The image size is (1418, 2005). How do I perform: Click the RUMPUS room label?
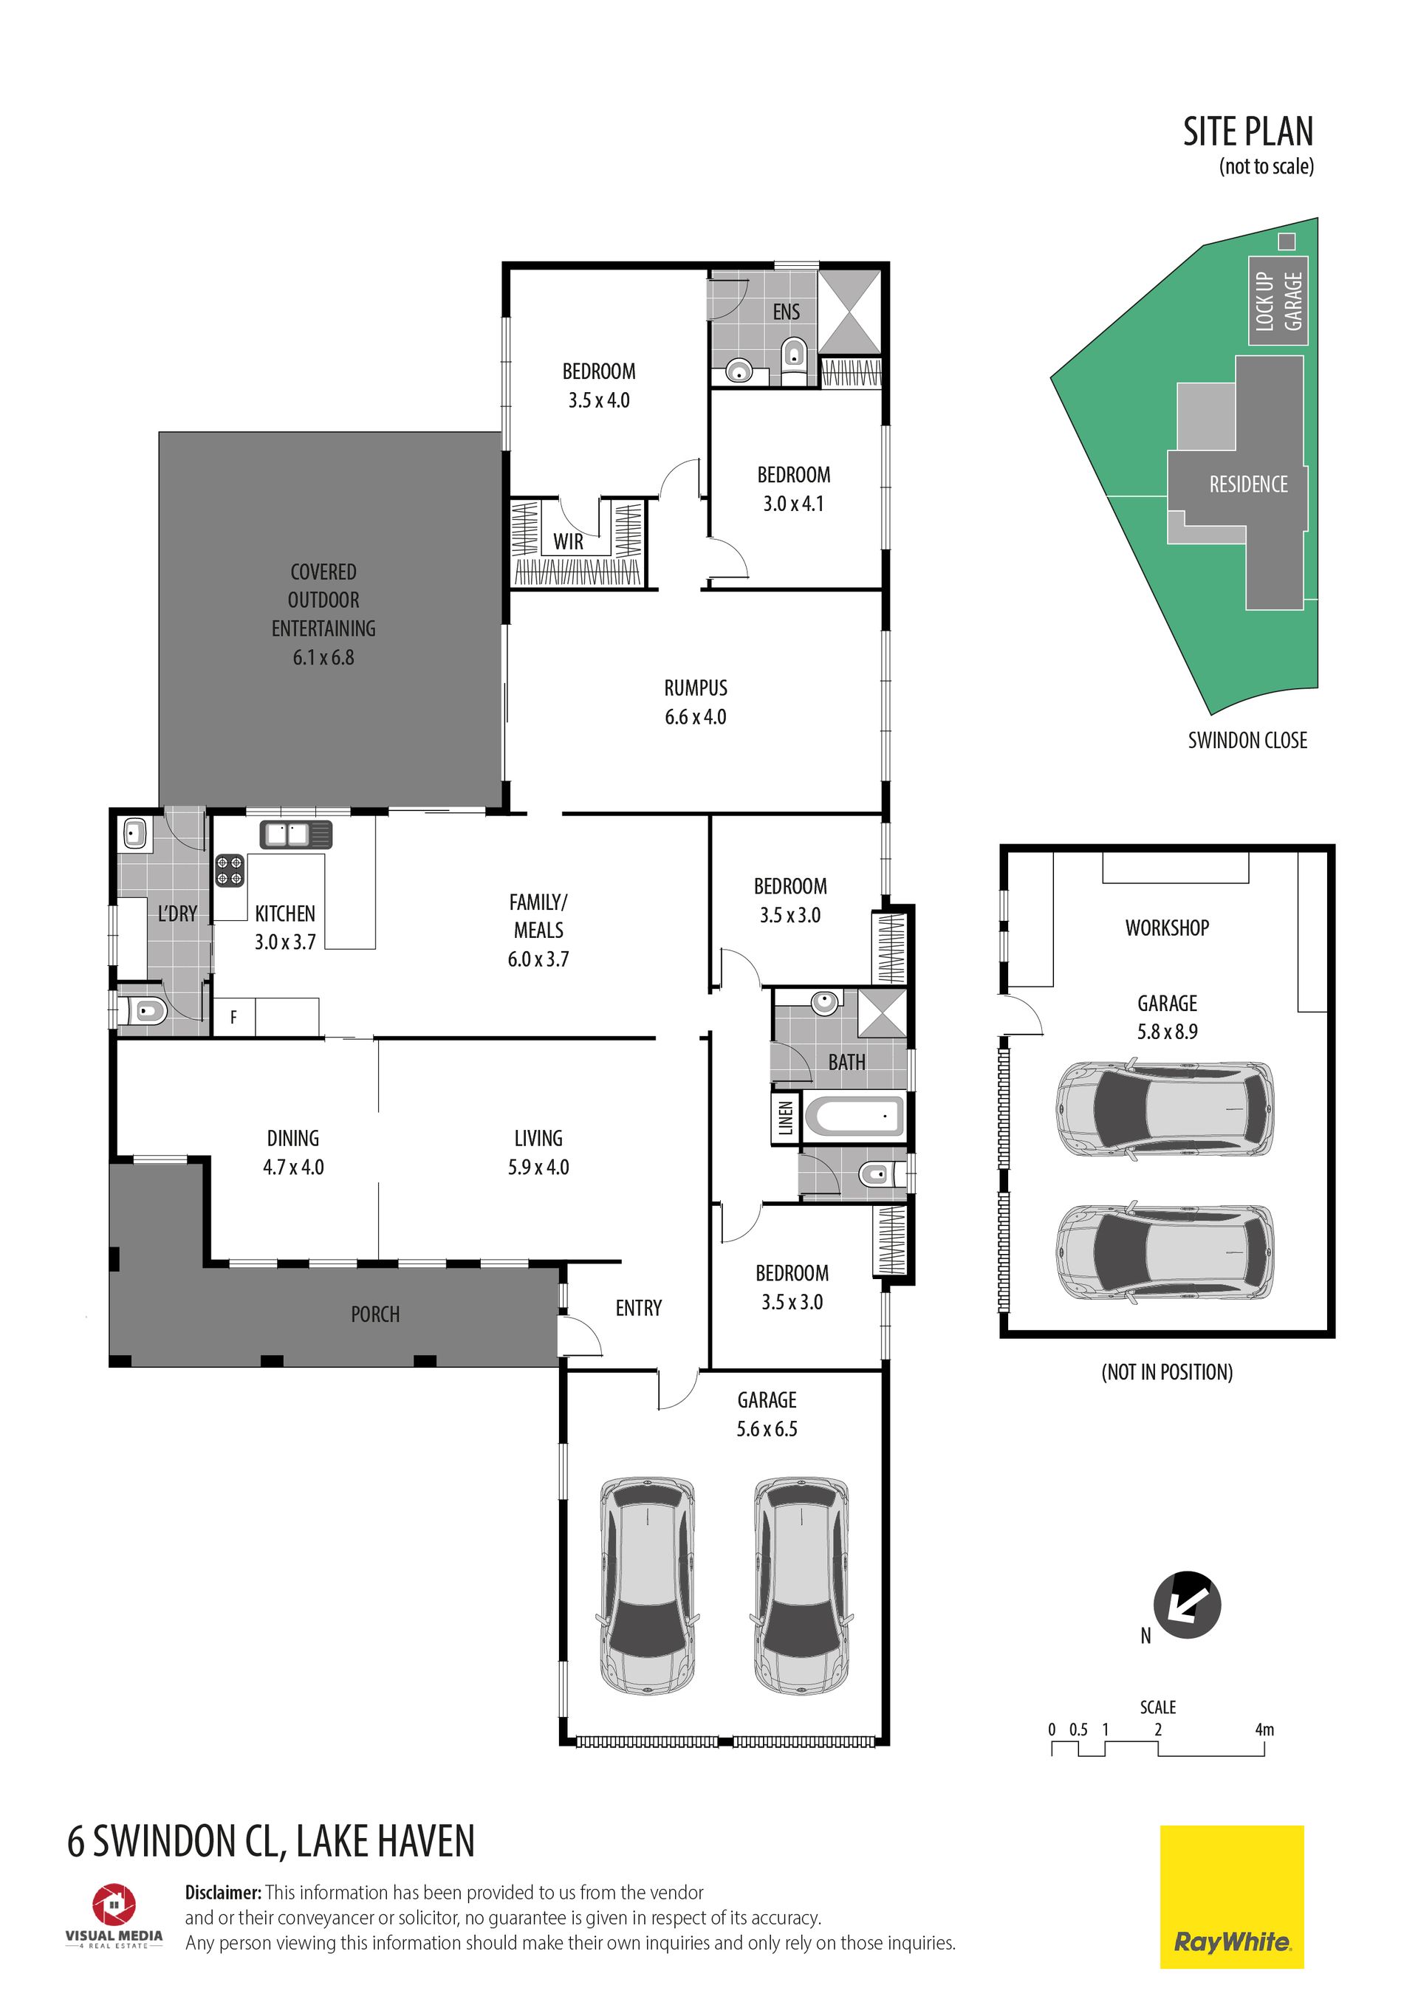click(x=695, y=688)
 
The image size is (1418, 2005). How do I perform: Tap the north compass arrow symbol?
click(x=1187, y=1604)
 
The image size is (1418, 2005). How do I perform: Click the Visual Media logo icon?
click(x=114, y=1905)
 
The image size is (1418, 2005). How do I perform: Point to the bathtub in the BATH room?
click(x=854, y=1116)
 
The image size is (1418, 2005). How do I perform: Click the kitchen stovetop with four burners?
click(x=230, y=870)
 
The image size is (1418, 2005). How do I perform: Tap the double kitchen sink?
click(x=296, y=834)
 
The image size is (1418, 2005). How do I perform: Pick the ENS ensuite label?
click(x=786, y=312)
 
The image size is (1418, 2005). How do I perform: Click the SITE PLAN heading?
click(x=1247, y=132)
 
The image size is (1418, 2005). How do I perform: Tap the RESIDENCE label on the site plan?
click(x=1247, y=484)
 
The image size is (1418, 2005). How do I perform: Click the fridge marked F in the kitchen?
click(x=233, y=1018)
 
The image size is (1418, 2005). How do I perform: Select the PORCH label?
click(x=375, y=1315)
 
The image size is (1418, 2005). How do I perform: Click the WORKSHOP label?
click(x=1167, y=928)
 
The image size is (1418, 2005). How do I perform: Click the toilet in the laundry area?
click(x=147, y=1012)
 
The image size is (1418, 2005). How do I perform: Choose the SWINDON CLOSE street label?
click(x=1247, y=741)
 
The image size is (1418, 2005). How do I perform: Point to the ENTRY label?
click(x=638, y=1308)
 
